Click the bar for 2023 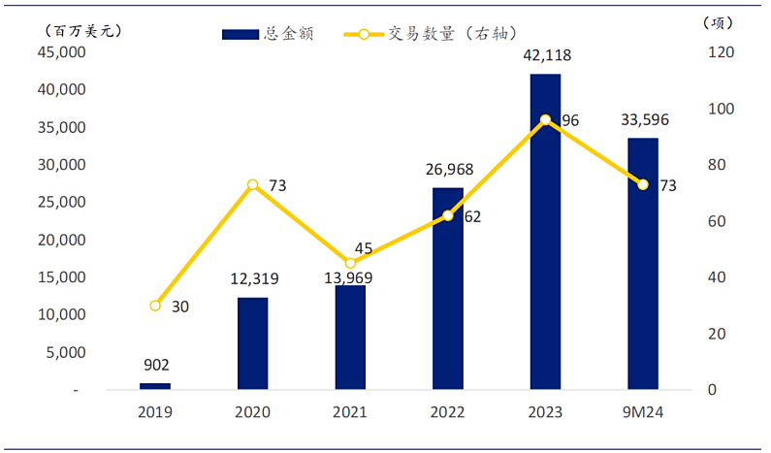click(x=545, y=233)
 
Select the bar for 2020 click(x=252, y=343)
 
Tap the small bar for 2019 click(x=155, y=386)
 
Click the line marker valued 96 click(x=545, y=120)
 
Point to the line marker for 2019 click(x=155, y=306)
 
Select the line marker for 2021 click(x=350, y=263)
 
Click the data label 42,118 click(x=545, y=56)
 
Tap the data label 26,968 click(x=448, y=171)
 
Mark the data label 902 click(x=155, y=366)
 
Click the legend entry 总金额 click(x=268, y=34)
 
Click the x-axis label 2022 click(x=448, y=411)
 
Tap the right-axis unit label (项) click(x=715, y=21)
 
